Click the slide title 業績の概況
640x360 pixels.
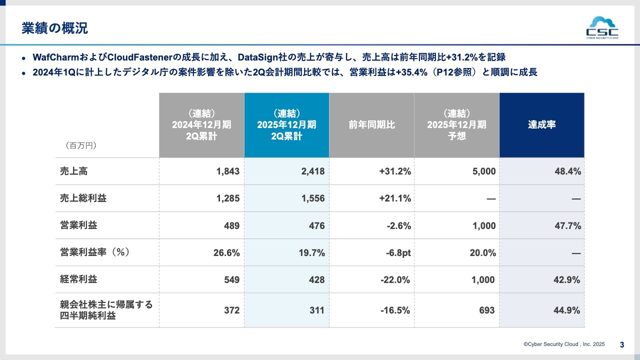tap(54, 28)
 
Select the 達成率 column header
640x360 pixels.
tap(541, 125)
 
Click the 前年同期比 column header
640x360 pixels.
tap(371, 125)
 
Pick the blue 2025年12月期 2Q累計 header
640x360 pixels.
tap(286, 125)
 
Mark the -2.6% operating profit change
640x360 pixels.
tap(398, 225)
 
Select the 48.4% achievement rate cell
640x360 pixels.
tap(567, 171)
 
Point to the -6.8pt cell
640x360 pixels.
tap(398, 253)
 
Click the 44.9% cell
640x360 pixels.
tap(567, 310)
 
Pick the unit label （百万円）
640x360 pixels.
tap(80, 145)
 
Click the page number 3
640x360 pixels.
tap(622, 344)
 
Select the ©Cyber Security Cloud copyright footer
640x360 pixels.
tap(564, 344)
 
